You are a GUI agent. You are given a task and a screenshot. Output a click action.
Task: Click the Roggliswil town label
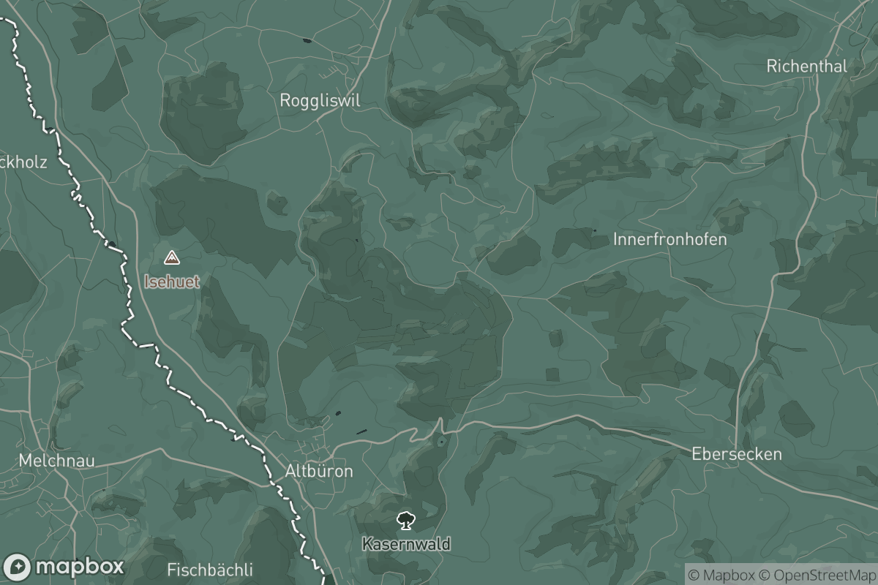pos(320,101)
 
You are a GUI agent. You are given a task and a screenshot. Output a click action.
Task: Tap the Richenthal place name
pos(806,66)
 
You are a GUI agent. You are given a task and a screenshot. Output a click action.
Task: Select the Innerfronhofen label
pos(670,239)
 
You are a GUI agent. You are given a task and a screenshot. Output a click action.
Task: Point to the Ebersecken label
pos(736,454)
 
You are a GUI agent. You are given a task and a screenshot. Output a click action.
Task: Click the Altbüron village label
pos(319,471)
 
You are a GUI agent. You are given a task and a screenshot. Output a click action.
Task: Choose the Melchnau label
pos(57,461)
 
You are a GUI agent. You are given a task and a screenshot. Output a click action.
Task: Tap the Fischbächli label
pos(210,570)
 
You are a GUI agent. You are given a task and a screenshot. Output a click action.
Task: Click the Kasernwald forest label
pos(405,544)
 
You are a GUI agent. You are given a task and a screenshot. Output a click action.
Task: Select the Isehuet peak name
pos(171,282)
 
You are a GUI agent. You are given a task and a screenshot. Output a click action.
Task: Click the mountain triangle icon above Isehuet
pos(171,257)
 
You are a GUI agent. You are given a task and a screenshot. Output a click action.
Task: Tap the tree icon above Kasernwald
pos(405,521)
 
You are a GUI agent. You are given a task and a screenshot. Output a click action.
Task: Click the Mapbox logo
pos(64,567)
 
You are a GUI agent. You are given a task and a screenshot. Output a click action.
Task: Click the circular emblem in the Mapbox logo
pos(17,567)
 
